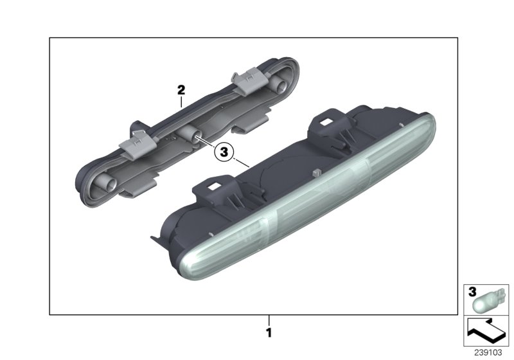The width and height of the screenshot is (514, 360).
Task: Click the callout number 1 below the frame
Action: coord(270,334)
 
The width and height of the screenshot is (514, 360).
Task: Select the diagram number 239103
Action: coord(490,353)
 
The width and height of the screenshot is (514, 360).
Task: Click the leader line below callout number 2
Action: coord(182,102)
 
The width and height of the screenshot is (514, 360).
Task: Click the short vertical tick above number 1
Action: coord(270,319)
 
